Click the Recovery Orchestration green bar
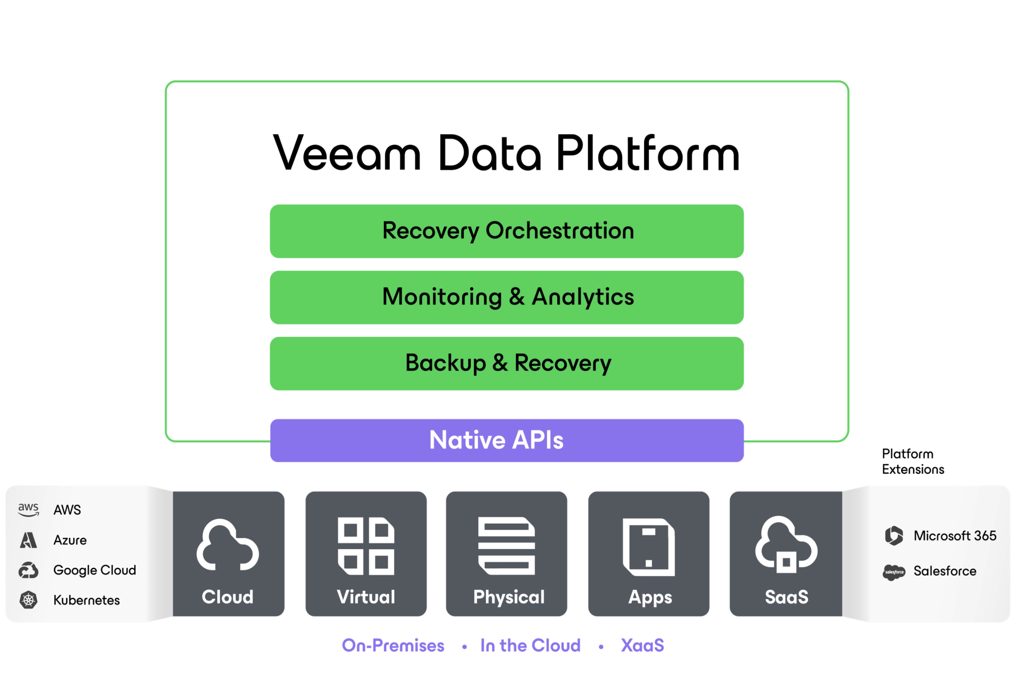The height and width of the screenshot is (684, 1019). coord(507,231)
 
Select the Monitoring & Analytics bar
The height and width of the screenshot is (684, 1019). coord(507,297)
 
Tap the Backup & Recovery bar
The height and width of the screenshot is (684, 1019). coord(507,363)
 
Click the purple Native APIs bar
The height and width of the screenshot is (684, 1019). coord(506,440)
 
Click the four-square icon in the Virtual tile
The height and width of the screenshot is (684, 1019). coord(366,546)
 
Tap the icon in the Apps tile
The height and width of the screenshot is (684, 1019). coord(649,547)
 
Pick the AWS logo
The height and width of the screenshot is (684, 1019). coord(28,510)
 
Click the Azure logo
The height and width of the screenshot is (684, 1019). coord(28,540)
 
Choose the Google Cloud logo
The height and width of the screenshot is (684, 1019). coord(28,570)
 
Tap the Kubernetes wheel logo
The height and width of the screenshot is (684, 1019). coord(28,600)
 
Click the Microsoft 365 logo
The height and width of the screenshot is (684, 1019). coord(894,536)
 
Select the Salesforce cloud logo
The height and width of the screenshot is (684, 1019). coord(894,572)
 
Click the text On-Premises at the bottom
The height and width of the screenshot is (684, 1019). coord(392,645)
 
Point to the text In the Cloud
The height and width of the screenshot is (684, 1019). coord(530,645)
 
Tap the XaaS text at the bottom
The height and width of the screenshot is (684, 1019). coord(642,645)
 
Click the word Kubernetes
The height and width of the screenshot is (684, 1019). coord(86,600)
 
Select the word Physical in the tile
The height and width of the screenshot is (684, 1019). coord(509,597)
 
